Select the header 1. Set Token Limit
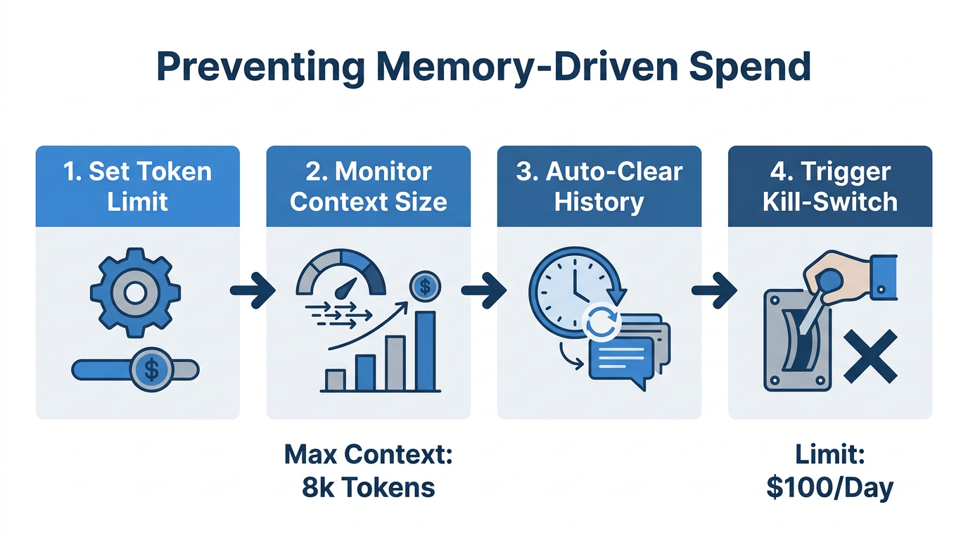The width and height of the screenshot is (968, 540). pyautogui.click(x=137, y=186)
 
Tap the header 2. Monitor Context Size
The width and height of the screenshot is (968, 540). pyautogui.click(x=368, y=186)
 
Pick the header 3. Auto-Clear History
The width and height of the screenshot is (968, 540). pyautogui.click(x=599, y=186)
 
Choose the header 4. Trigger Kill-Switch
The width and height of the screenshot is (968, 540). pyautogui.click(x=830, y=186)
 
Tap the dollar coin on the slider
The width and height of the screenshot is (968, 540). pyautogui.click(x=151, y=369)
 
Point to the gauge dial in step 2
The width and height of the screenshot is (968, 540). pyautogui.click(x=343, y=274)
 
